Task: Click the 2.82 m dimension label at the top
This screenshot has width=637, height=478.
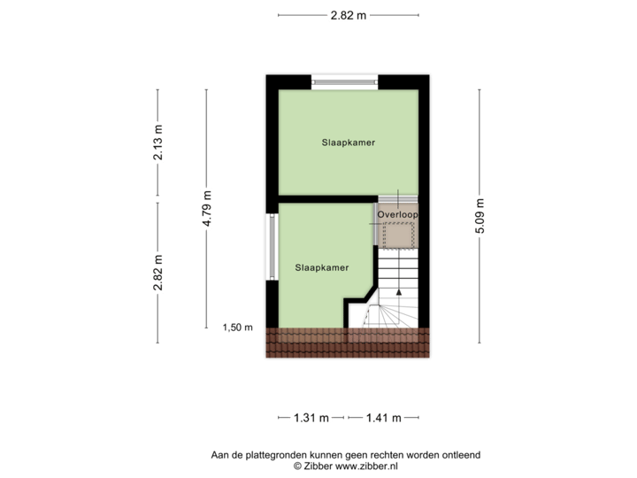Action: (x=348, y=15)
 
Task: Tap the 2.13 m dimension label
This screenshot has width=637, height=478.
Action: (x=158, y=142)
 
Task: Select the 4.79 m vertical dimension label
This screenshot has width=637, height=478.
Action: (x=207, y=209)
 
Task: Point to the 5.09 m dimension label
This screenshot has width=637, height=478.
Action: (x=480, y=214)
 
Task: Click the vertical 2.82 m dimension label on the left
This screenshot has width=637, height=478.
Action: (x=158, y=274)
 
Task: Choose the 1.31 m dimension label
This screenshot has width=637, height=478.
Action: (x=312, y=417)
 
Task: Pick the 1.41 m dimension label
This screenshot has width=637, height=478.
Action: (x=383, y=417)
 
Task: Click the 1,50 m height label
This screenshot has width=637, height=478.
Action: (x=236, y=327)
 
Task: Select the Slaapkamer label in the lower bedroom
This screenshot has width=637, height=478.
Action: (x=321, y=266)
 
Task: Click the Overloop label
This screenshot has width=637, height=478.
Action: (x=396, y=214)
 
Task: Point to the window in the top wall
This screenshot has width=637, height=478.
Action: (x=346, y=82)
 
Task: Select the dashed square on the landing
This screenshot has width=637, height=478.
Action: (x=399, y=235)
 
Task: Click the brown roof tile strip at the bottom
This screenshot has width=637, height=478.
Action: (x=348, y=342)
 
